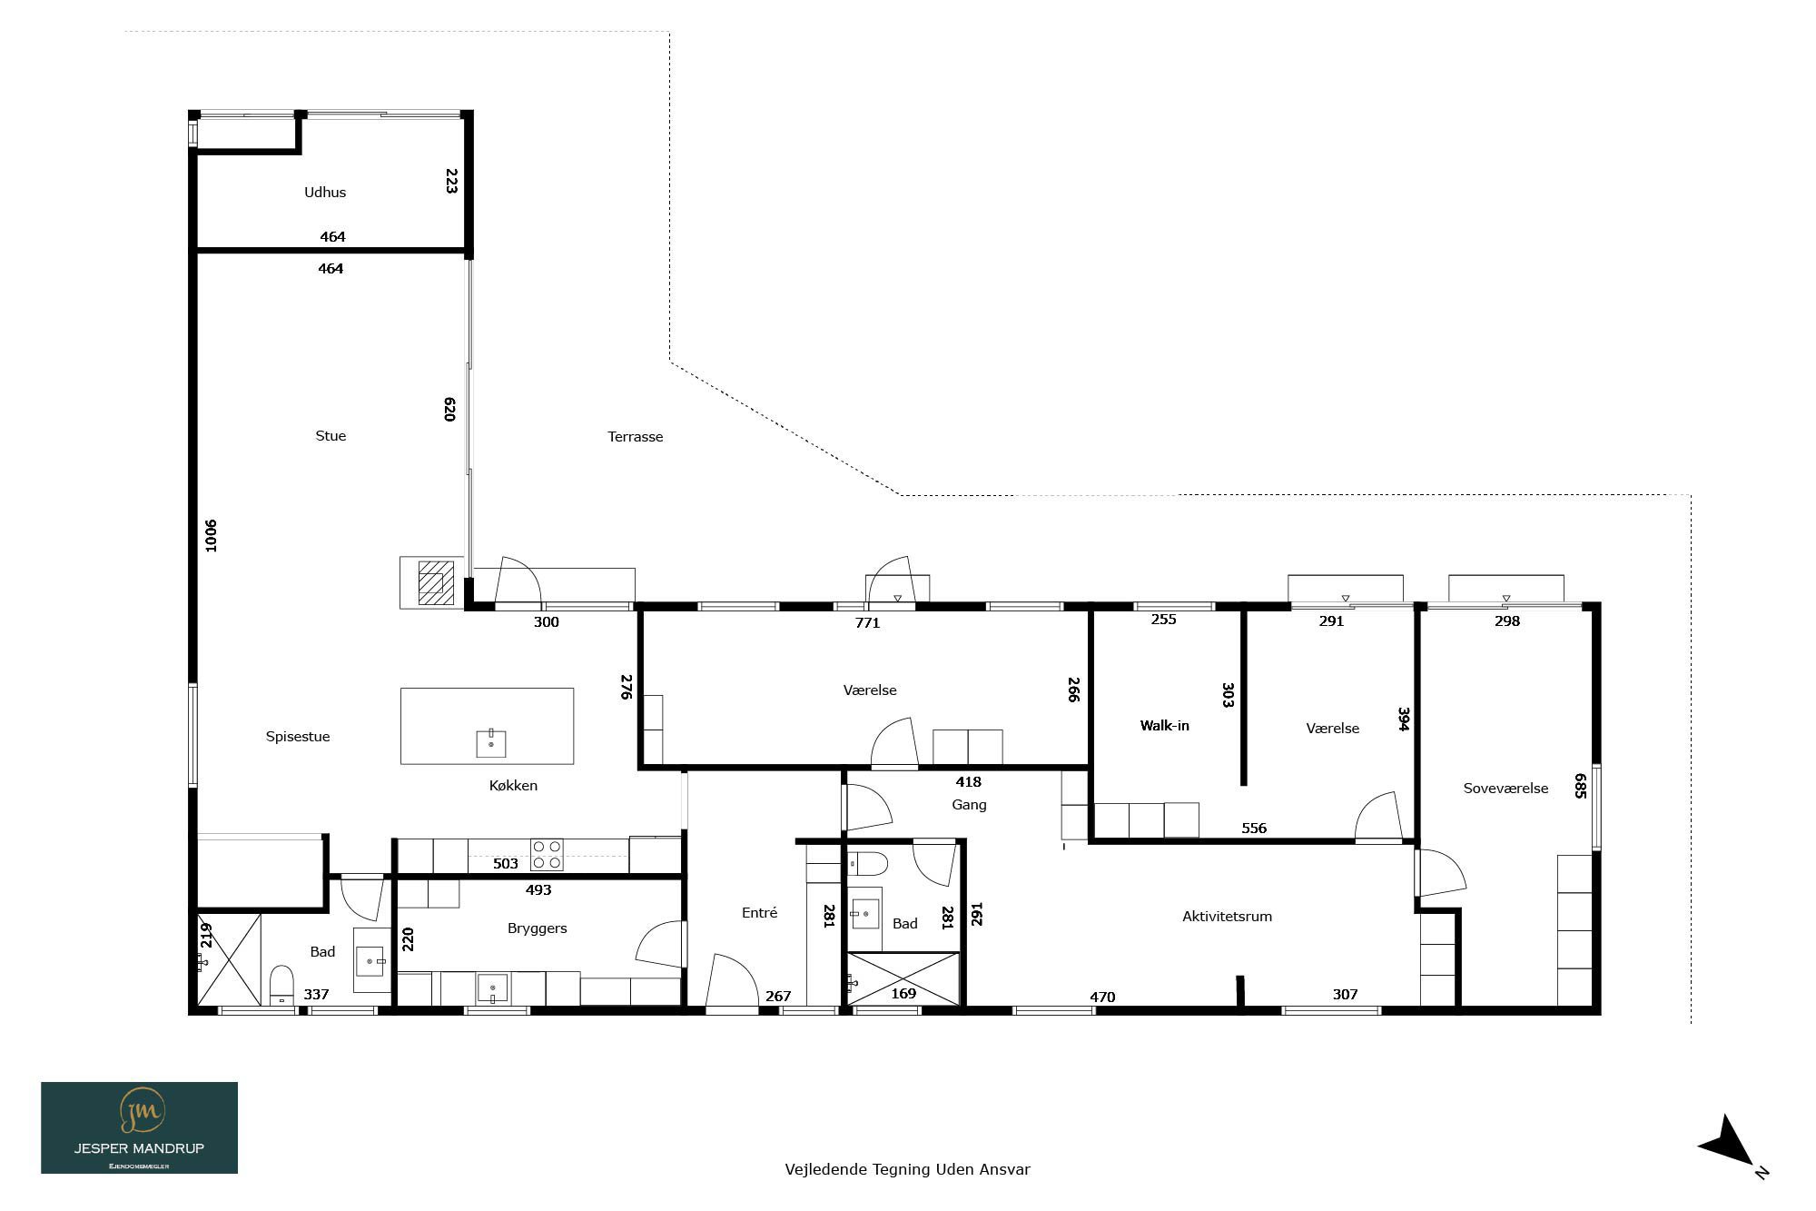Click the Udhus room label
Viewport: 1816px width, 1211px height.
tap(325, 192)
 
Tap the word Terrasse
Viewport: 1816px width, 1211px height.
tap(636, 437)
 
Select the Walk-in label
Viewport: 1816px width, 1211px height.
tap(1165, 725)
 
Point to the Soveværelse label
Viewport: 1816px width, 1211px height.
tap(1505, 789)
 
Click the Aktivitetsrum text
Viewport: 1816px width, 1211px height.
tap(1227, 917)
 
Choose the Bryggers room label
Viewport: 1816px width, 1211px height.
tap(538, 928)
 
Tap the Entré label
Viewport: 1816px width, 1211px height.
tap(759, 913)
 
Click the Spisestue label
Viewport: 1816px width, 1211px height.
tap(298, 737)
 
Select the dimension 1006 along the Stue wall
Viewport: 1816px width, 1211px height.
tap(211, 535)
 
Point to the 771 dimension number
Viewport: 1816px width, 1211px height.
tap(868, 623)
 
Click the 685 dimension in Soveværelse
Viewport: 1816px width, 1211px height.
tap(1581, 786)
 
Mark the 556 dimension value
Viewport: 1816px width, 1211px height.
tap(1254, 829)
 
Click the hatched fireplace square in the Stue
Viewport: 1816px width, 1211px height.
tap(436, 582)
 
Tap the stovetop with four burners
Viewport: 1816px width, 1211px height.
tap(547, 855)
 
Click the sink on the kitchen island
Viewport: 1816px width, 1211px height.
tap(491, 743)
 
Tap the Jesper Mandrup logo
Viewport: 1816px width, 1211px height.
tap(139, 1127)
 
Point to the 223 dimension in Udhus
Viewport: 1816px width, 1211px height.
tap(451, 180)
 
